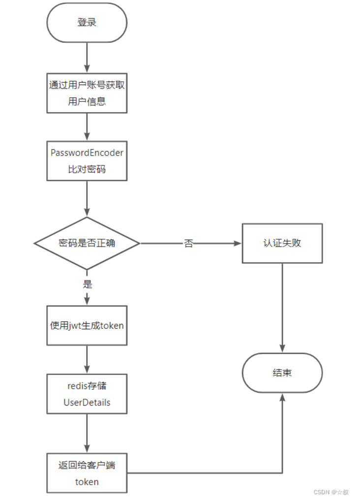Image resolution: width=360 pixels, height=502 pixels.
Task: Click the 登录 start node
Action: [x=87, y=23]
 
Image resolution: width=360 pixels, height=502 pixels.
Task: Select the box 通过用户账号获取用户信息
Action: [x=87, y=93]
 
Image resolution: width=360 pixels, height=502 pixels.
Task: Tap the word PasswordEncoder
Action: [x=87, y=153]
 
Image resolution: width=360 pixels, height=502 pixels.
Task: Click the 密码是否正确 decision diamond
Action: [x=87, y=243]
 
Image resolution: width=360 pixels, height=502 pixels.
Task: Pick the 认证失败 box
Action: [x=282, y=243]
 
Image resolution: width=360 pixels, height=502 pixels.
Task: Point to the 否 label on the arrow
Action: [x=188, y=244]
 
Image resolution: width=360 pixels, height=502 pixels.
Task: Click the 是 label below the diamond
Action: [x=88, y=284]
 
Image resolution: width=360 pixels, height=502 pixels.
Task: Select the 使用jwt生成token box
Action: [x=87, y=325]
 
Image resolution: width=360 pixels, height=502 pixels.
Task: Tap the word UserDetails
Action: [x=87, y=403]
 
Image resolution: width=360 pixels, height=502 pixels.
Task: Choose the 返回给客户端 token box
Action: [x=87, y=473]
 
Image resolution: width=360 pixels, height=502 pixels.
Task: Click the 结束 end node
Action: [x=282, y=373]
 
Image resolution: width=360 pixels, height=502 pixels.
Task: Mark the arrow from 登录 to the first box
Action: [x=87, y=57]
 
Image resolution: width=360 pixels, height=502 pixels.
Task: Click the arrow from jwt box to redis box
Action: [x=87, y=359]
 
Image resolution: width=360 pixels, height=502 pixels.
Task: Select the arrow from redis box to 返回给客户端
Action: [x=87, y=433]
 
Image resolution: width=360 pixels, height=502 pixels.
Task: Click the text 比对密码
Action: [x=87, y=169]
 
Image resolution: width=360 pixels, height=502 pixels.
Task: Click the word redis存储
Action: [x=87, y=386]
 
